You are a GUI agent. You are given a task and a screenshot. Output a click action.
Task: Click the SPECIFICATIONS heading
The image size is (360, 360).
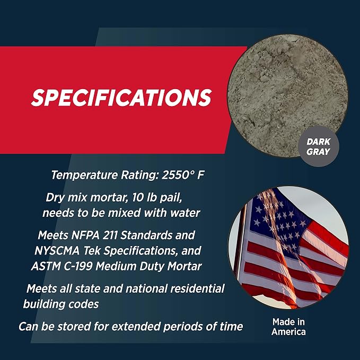coord(121,98)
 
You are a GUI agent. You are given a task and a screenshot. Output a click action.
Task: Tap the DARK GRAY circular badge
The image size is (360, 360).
coord(319,146)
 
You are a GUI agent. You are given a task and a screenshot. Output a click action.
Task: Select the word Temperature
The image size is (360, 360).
coord(84,175)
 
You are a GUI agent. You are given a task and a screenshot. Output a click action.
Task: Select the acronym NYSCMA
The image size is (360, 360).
coord(57,251)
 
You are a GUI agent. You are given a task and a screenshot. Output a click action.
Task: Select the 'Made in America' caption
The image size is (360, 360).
coord(288,327)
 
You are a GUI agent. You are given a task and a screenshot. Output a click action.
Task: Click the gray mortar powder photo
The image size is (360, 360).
coord(287,95)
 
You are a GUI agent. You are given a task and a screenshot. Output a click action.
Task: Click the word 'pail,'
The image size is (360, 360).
coord(171,198)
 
